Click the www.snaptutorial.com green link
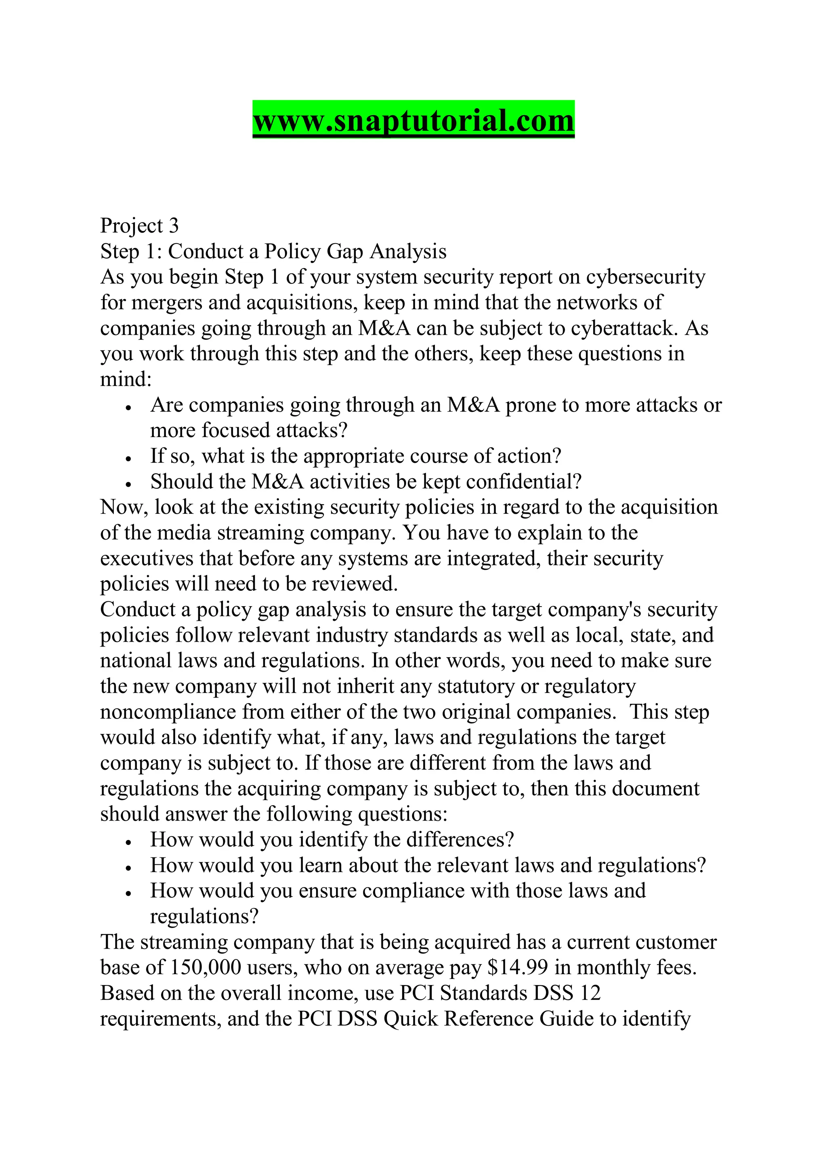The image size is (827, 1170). [x=413, y=120]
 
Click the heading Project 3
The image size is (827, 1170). [x=139, y=226]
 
